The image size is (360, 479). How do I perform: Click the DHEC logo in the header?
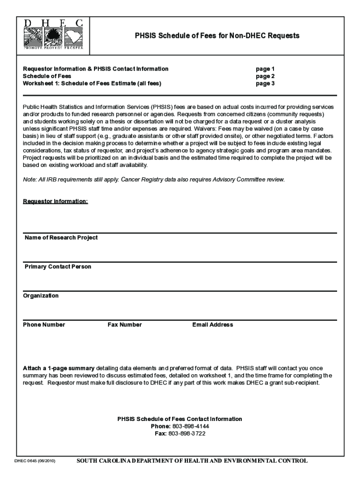coord(53,35)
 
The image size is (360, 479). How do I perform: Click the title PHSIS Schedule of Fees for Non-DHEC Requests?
coord(217,36)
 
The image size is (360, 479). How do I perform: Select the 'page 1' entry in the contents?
coord(265,69)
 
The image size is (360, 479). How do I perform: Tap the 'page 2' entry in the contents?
coord(265,76)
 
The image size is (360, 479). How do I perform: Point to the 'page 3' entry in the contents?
coord(265,84)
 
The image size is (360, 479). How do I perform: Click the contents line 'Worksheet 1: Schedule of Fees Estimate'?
coord(92,84)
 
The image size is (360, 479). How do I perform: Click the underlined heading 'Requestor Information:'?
coord(56,201)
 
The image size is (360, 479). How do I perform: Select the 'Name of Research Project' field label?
coord(61,238)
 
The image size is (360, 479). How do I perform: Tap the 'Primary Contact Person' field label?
coord(58,267)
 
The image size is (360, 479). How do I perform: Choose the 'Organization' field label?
coord(41,296)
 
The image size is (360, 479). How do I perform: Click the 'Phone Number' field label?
coord(44,325)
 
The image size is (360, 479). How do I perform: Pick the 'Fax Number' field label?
coord(125,325)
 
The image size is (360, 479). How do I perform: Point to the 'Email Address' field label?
coord(212,325)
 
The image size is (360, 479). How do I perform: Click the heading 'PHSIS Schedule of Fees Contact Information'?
coord(180,419)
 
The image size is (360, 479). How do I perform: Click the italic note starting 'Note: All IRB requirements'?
coord(154,180)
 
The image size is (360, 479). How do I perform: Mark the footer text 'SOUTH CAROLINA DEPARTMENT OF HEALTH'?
coord(192,461)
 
